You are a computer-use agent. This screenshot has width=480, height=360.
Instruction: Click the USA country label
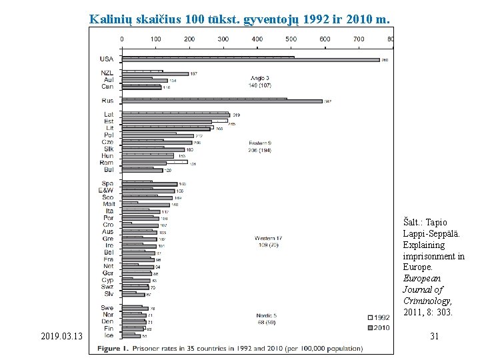[x=106, y=59]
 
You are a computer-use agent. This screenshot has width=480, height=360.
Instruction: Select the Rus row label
[x=107, y=101]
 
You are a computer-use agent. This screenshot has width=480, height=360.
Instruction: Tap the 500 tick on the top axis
[x=291, y=39]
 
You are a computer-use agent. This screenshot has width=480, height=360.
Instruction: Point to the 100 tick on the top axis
[x=155, y=39]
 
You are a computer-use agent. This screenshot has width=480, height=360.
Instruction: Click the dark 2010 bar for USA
[x=250, y=61]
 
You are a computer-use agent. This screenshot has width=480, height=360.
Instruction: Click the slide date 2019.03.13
[x=60, y=337]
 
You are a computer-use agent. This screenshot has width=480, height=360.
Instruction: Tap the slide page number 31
[x=434, y=337]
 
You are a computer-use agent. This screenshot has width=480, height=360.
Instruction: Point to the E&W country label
[x=105, y=191]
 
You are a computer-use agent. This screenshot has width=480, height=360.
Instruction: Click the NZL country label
[x=107, y=73]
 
